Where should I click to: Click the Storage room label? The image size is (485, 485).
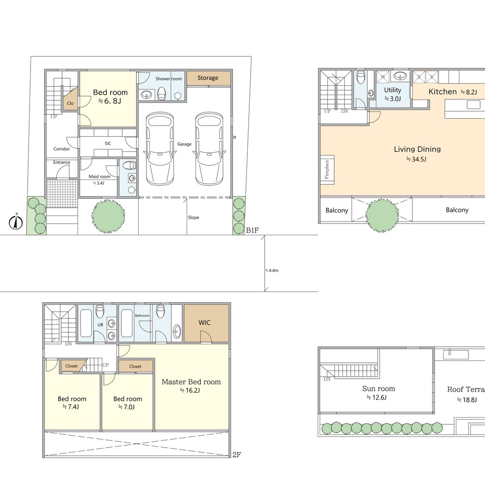(x=208, y=78)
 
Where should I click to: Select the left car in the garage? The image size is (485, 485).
(x=160, y=149)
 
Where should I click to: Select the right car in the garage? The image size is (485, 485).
(x=208, y=149)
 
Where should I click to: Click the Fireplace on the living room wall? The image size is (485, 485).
(x=327, y=169)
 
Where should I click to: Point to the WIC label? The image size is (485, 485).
(x=205, y=323)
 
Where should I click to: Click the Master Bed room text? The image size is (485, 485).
(x=191, y=382)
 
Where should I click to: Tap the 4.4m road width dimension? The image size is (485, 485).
(x=272, y=270)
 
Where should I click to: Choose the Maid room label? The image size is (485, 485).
(x=99, y=177)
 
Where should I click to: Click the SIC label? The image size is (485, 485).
(x=108, y=144)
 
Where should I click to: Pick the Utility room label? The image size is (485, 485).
(x=392, y=90)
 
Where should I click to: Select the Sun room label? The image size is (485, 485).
(x=379, y=388)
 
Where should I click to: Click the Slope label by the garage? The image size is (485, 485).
(x=194, y=217)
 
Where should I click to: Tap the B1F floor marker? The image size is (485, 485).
(x=252, y=230)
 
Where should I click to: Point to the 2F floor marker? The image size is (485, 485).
(x=237, y=454)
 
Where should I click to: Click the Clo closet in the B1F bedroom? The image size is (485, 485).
(x=70, y=98)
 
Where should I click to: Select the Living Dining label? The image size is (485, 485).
(x=417, y=149)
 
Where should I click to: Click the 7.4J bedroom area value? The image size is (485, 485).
(x=70, y=407)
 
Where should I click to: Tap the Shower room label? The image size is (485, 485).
(x=169, y=79)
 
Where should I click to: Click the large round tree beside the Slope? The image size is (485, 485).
(x=108, y=216)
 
